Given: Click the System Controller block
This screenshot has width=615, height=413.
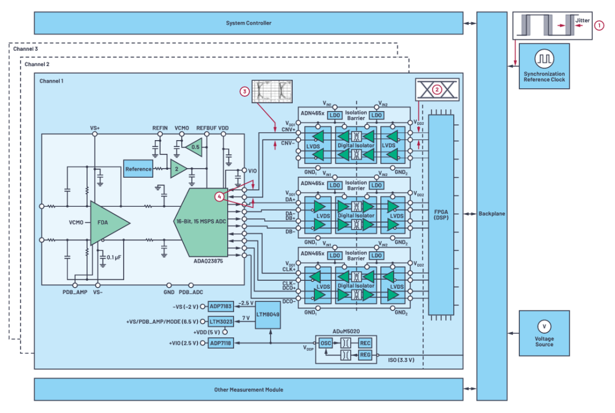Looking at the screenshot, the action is coord(248,23).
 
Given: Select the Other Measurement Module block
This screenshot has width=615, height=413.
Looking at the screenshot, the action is coord(248,390).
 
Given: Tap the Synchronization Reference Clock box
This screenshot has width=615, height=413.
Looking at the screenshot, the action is coord(544,66).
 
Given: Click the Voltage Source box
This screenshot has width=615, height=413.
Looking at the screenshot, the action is coord(544,333).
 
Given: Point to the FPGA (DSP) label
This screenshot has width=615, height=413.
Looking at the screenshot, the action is coord(441,215).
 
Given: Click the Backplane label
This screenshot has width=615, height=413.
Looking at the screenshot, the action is coord(491,214).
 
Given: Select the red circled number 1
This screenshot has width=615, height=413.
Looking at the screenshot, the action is coord(599,26).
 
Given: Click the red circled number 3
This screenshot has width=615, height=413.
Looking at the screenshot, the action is coord(245,91).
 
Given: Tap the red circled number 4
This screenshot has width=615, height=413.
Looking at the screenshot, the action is coord(219,197).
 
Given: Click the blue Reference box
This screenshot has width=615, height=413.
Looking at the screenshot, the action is coord(138,169).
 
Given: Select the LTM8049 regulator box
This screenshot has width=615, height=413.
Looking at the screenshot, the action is coord(268,314).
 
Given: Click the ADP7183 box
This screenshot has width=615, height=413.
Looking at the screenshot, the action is coord(220,306).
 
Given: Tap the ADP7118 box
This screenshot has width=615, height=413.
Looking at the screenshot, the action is coord(220,343).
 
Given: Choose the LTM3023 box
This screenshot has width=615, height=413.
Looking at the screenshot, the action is coord(220,322).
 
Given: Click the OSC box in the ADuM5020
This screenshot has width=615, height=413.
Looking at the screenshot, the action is coord(326,343).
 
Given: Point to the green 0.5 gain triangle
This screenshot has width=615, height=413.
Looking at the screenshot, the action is coord(194,147).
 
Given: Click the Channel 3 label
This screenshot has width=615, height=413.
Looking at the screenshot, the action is coord(26,49).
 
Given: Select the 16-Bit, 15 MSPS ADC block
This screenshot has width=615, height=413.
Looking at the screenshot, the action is coord(201,222).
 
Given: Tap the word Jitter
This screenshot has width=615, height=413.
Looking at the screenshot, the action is coord(583,21).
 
